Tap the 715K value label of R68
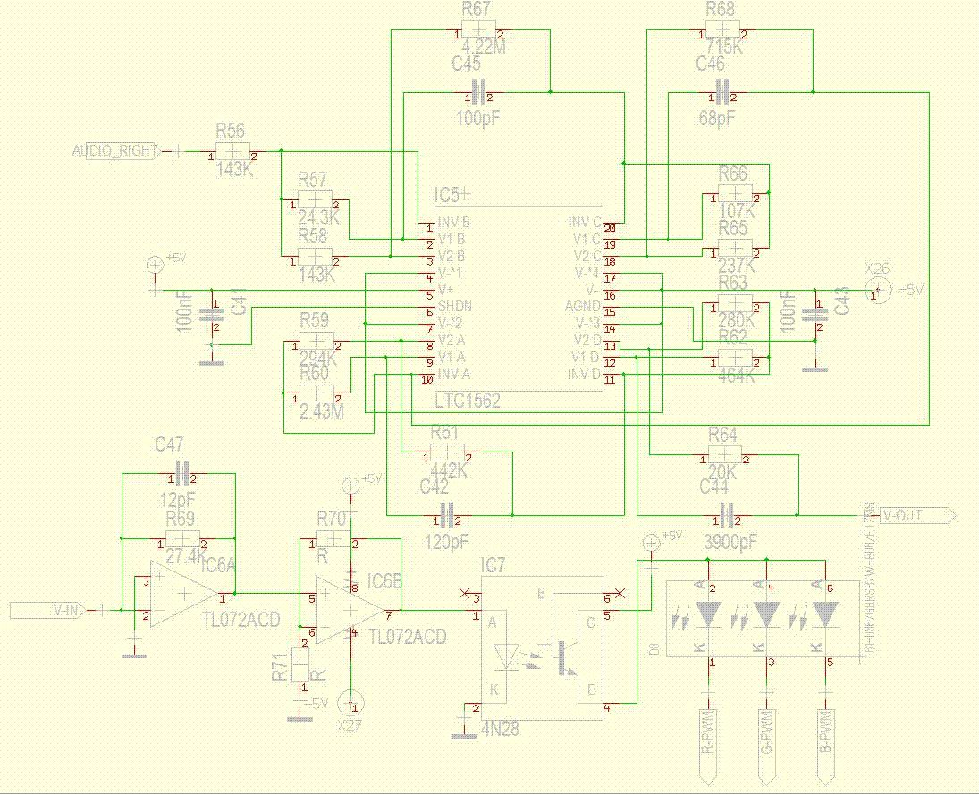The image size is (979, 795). (723, 47)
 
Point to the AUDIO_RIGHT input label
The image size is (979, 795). (115, 150)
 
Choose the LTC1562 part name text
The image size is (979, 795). (468, 402)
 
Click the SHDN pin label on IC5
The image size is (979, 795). (454, 306)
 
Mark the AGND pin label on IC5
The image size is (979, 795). (583, 306)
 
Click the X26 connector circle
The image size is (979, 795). (878, 289)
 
